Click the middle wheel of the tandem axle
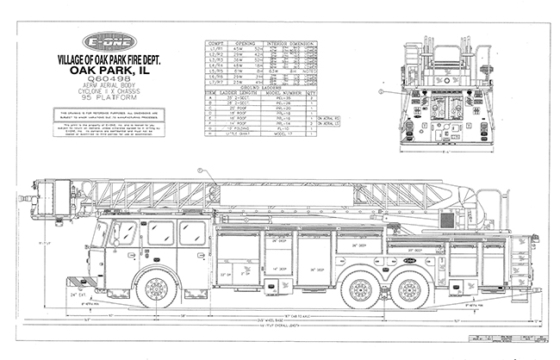coord(361,291)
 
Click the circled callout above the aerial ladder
coord(201,171)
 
